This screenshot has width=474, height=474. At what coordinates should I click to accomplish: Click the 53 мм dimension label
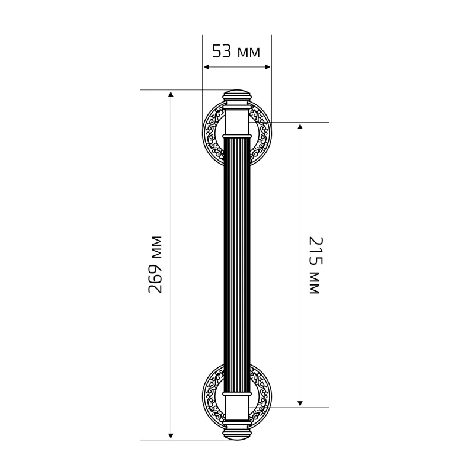coord(236,51)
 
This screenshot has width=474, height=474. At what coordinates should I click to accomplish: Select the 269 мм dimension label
coord(155,264)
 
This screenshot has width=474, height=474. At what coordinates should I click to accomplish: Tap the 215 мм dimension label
coord(316,265)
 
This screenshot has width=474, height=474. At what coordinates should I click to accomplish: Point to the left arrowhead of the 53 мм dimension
coord(206,67)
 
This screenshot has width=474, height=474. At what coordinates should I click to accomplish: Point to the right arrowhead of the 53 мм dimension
coord(268,67)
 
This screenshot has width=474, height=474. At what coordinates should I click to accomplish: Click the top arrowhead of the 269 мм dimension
coord(171,94)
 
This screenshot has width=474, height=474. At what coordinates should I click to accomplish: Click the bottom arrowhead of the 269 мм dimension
coord(171,435)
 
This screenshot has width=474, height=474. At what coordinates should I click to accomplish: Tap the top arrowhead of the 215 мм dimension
coord(300,126)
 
